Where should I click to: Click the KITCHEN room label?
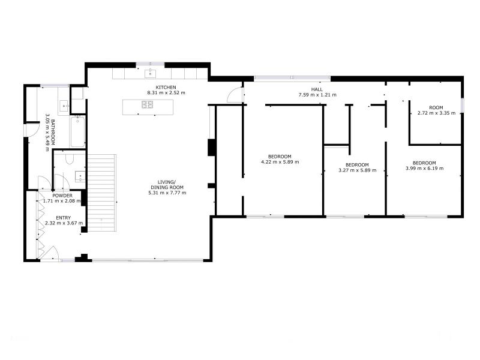(x=166, y=87)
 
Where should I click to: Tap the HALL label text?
(x=317, y=89)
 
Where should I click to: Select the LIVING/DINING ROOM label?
(x=167, y=185)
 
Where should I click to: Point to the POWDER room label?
(x=62, y=196)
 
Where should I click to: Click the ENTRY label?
(x=64, y=218)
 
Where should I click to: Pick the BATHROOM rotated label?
(x=53, y=132)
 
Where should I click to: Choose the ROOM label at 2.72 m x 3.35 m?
(x=436, y=108)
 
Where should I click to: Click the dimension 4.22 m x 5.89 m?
(x=280, y=162)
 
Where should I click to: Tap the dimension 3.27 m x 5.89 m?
(x=357, y=170)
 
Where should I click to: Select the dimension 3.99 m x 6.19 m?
(x=424, y=168)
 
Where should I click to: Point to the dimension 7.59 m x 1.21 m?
(x=317, y=95)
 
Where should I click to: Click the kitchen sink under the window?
(x=151, y=73)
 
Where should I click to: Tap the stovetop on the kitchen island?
(x=147, y=104)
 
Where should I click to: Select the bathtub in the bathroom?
(x=78, y=131)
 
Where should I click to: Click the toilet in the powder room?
(x=70, y=158)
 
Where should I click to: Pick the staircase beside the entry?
(x=102, y=193)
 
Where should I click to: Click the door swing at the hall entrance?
(x=235, y=95)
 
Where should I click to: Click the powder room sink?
(x=80, y=176)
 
